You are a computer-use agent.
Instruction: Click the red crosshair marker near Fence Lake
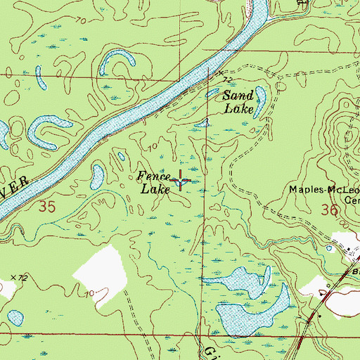click(181, 181)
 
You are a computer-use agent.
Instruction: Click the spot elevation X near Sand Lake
click(220, 72)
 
